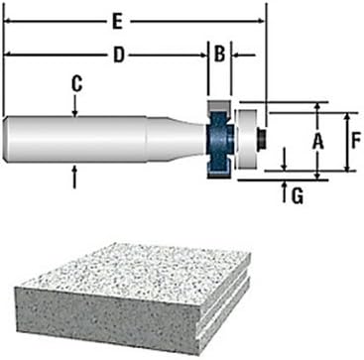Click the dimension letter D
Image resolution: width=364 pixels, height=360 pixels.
pyautogui.click(x=118, y=56)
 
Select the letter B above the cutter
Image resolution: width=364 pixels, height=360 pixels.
pyautogui.click(x=220, y=56)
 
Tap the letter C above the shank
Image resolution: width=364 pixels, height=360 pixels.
pyautogui.click(x=76, y=85)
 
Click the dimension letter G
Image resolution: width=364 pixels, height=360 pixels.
pyautogui.click(x=296, y=194)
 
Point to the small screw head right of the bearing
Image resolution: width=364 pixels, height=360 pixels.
pyautogui.click(x=263, y=140)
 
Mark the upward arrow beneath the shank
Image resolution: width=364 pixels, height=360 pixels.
pyautogui.click(x=76, y=174)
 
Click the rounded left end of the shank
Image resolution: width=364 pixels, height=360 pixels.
pyautogui.click(x=8, y=140)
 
